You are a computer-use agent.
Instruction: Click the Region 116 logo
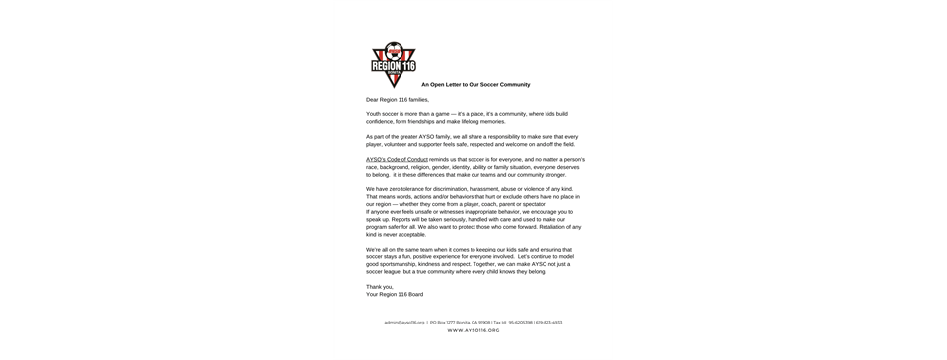click(x=392, y=64)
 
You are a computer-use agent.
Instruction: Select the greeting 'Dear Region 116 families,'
click(x=397, y=100)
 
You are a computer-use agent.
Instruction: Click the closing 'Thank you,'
click(x=379, y=286)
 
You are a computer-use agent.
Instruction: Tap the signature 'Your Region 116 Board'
click(x=395, y=294)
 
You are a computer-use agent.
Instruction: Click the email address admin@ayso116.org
click(x=404, y=323)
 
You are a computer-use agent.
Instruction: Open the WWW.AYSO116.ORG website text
click(x=473, y=330)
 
